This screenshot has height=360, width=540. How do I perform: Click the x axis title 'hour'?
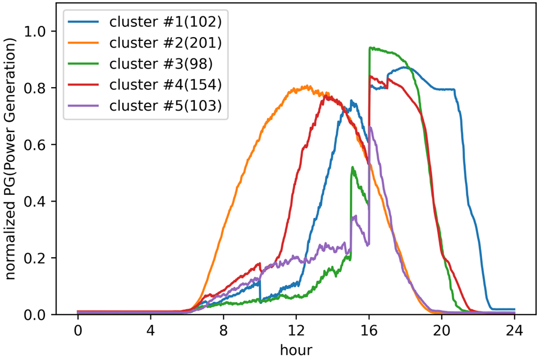296,349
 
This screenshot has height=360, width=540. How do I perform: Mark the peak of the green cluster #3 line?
370,48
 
